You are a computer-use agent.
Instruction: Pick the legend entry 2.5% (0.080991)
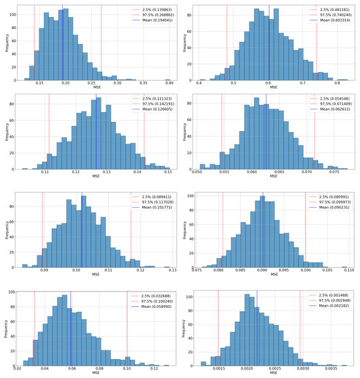(x=334, y=197)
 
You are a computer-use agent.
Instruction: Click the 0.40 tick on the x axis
(x=169, y=83)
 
